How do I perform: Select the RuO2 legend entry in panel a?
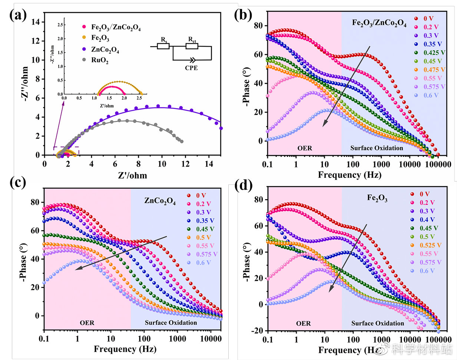click(100, 60)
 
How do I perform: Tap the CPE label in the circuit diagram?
click(191, 68)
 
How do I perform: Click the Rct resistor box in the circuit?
click(192, 46)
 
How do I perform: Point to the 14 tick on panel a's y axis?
click(36, 22)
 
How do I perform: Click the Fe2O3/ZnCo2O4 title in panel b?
click(379, 24)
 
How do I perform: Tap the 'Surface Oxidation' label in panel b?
click(377, 148)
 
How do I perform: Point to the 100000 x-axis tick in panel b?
click(438, 164)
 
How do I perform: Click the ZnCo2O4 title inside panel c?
click(160, 201)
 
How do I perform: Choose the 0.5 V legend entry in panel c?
click(203, 237)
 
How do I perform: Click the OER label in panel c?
click(87, 323)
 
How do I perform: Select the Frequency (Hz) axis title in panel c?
click(125, 349)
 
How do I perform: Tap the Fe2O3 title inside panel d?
click(377, 198)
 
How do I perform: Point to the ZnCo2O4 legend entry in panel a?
click(105, 49)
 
